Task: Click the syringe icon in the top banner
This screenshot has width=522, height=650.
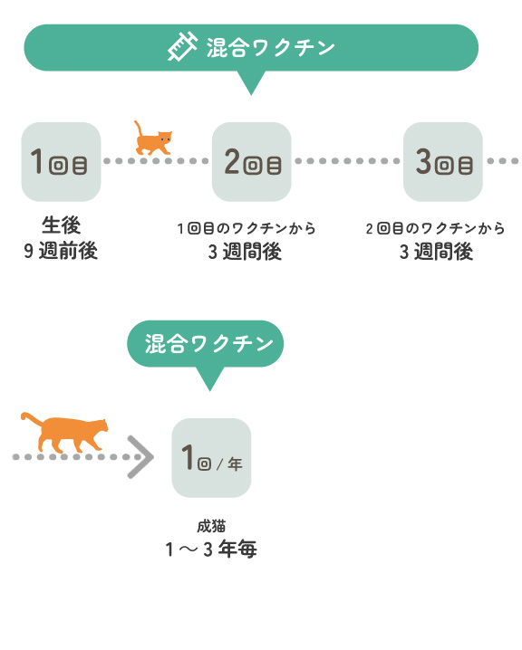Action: (182, 47)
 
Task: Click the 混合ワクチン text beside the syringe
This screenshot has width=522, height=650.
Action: (271, 48)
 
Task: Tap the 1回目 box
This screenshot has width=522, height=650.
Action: (61, 162)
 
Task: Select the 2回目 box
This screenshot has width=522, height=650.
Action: (251, 162)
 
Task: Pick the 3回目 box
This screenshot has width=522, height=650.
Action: (443, 162)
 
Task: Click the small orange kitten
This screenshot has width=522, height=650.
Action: (152, 138)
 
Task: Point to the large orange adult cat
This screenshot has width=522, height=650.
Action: (64, 433)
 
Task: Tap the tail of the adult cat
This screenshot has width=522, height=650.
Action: (32, 418)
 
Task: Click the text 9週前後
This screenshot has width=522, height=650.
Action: (61, 251)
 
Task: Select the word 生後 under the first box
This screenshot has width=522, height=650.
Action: (61, 225)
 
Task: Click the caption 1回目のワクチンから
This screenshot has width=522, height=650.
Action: (246, 228)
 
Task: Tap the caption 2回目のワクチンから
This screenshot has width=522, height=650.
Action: (436, 228)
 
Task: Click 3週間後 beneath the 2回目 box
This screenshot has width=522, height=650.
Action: (245, 252)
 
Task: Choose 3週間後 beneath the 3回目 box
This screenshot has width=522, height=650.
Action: (436, 252)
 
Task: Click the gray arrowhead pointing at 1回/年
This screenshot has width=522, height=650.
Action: (140, 457)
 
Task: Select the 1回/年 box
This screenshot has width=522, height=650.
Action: (211, 458)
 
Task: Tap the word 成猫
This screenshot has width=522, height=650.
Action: (211, 527)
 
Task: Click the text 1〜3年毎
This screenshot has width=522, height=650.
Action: (211, 549)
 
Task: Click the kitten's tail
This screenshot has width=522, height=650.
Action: (138, 129)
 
